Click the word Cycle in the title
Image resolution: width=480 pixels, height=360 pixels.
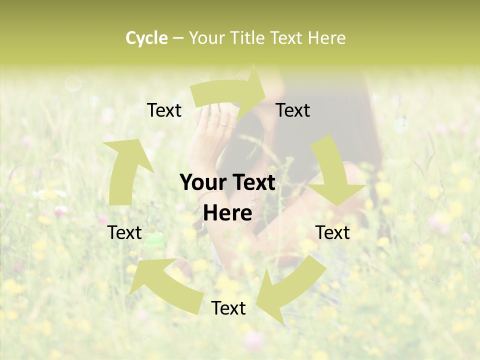tap(146, 38)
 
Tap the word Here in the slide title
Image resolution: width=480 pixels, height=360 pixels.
tap(327, 38)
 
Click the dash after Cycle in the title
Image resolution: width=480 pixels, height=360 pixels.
tap(178, 38)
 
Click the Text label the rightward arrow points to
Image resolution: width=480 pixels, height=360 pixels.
tap(293, 110)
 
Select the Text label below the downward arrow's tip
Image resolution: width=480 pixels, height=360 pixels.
tap(332, 232)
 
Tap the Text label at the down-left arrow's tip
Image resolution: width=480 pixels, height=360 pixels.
tap(228, 308)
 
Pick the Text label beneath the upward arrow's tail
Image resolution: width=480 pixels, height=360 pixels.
tap(125, 232)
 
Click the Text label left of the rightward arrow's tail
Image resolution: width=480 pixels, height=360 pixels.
tap(164, 110)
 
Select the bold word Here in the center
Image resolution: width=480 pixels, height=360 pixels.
tap(227, 213)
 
